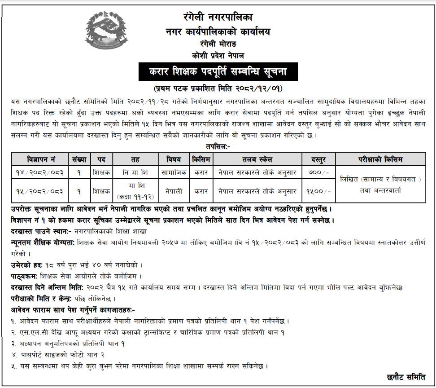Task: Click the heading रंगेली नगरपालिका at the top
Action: [218, 18]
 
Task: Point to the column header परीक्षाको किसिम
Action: [380, 159]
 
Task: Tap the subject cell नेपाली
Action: [174, 191]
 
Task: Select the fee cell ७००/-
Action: [319, 172]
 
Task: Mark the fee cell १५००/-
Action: [319, 191]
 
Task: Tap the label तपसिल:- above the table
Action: [218, 147]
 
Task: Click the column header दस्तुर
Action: [319, 159]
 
